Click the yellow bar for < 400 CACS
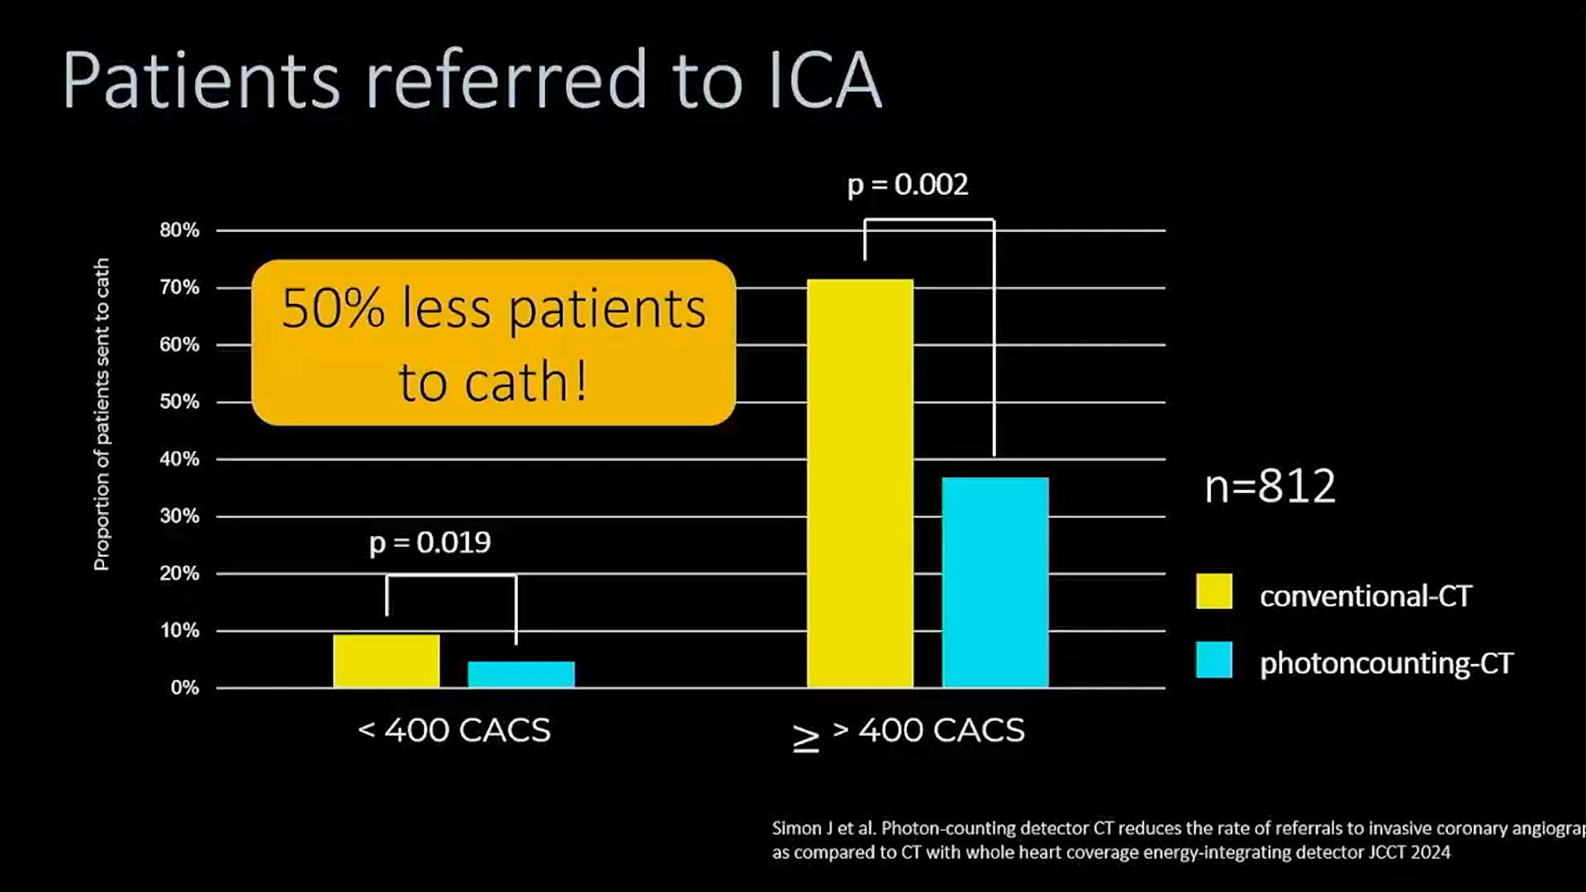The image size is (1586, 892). pyautogui.click(x=387, y=661)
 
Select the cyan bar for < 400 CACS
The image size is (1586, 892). pyautogui.click(x=521, y=674)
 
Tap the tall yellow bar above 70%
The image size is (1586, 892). pyautogui.click(x=860, y=483)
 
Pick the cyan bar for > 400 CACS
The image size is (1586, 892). pyautogui.click(x=995, y=582)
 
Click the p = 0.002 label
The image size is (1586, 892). pyautogui.click(x=908, y=184)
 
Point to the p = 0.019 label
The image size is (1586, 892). pyautogui.click(x=430, y=543)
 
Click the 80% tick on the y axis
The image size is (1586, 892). pyautogui.click(x=179, y=230)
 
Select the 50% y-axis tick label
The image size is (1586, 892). pyautogui.click(x=179, y=402)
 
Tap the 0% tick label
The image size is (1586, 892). pyautogui.click(x=184, y=688)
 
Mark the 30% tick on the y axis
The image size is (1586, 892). pyautogui.click(x=179, y=516)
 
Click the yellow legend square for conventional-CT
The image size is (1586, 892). pyautogui.click(x=1213, y=591)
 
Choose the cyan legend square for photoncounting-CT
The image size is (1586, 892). pyautogui.click(x=1213, y=660)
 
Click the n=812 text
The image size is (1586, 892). pyautogui.click(x=1270, y=486)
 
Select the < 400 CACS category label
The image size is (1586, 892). pyautogui.click(x=454, y=730)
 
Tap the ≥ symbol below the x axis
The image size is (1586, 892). pyautogui.click(x=805, y=738)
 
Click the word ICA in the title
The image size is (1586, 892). pyautogui.click(x=824, y=80)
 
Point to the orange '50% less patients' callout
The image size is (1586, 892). pyautogui.click(x=493, y=343)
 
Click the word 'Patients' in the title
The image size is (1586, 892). pyautogui.click(x=201, y=80)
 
